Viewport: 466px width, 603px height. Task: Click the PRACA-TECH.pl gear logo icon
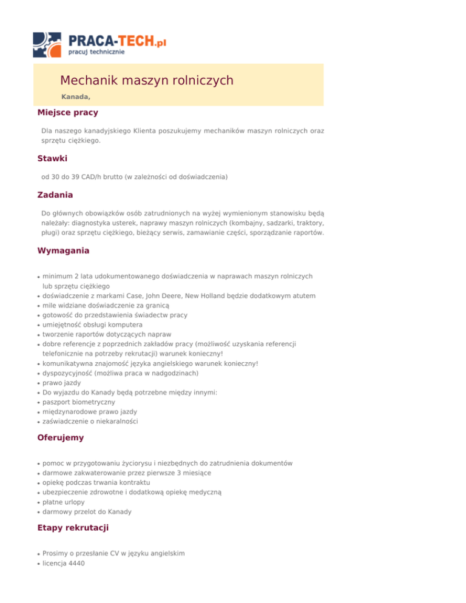48,44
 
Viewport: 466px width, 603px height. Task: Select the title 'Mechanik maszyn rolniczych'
147,80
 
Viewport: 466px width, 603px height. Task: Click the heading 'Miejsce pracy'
67,112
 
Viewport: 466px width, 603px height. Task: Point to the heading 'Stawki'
52,158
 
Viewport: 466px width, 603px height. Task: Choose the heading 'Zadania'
55,195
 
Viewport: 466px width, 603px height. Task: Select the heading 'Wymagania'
63,251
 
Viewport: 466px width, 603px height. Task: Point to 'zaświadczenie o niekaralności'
90,422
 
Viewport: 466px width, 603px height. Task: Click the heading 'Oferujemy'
61,437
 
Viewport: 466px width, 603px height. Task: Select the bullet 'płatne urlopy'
64,502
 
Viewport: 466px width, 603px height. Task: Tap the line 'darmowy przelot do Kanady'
87,511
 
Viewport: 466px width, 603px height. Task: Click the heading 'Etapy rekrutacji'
73,528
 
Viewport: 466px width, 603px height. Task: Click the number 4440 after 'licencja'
75,563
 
